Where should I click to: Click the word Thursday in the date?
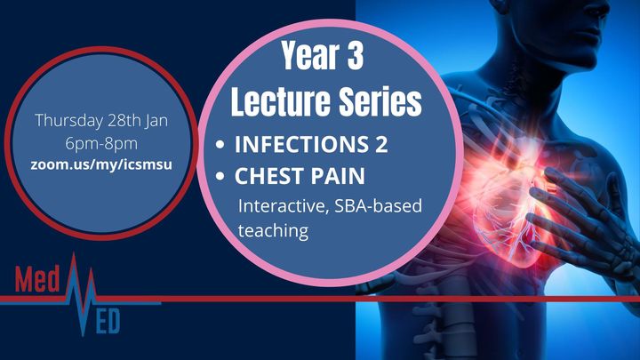coord(68,121)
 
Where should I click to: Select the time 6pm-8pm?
coord(101,144)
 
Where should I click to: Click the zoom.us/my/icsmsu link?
coord(101,165)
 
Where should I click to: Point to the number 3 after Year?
coord(354,55)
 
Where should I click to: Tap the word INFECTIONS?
coord(301,145)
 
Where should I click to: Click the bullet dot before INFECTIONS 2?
coord(220,145)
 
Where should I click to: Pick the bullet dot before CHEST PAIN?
coord(220,176)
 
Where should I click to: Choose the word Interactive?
coord(284,206)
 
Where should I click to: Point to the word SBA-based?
coord(378,205)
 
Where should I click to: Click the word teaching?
coord(273,231)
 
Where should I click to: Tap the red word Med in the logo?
coord(37,279)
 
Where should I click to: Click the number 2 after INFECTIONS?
coord(381,145)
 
